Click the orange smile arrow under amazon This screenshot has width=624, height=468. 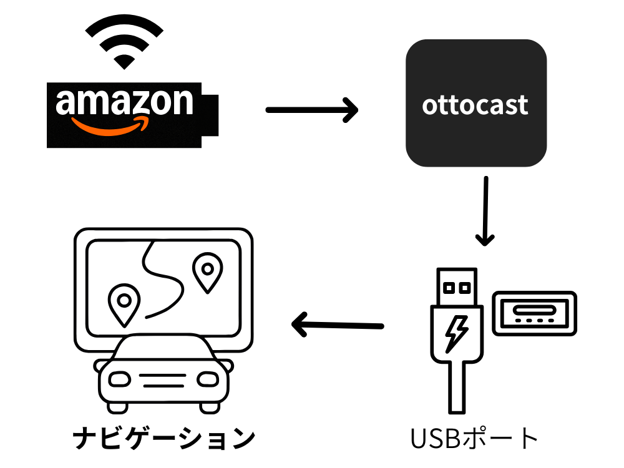(112, 124)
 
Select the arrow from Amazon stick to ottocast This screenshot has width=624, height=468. (311, 110)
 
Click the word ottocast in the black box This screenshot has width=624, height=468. (475, 105)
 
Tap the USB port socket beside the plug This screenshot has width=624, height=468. (535, 311)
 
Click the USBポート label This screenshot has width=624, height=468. (474, 438)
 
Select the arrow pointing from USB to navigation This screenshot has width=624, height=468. (337, 324)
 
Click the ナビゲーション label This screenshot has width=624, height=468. (163, 438)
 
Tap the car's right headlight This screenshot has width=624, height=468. (207, 379)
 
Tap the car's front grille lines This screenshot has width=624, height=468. (163, 381)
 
